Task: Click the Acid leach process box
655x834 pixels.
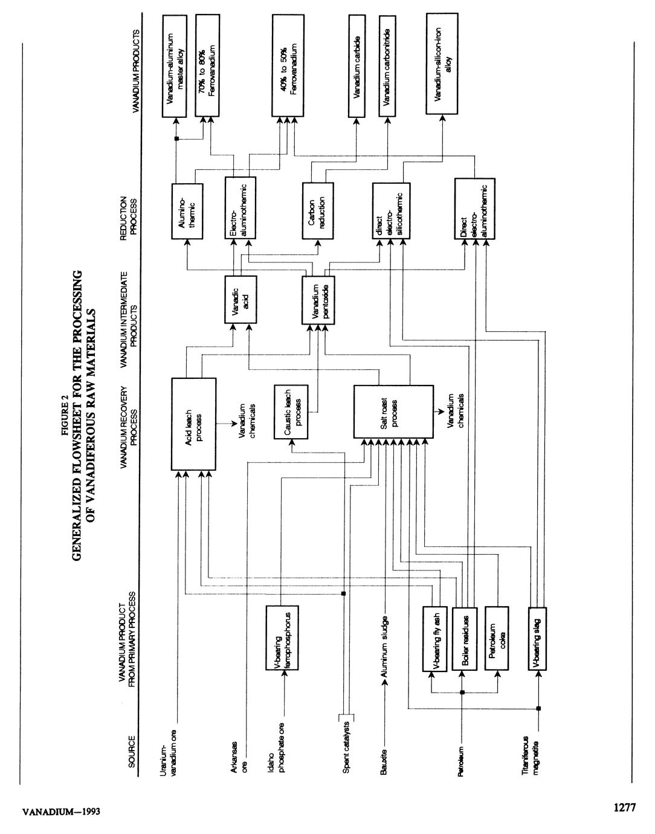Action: (x=193, y=424)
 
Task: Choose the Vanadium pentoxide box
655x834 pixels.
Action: (x=318, y=299)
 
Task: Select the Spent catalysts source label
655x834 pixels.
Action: (x=346, y=749)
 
